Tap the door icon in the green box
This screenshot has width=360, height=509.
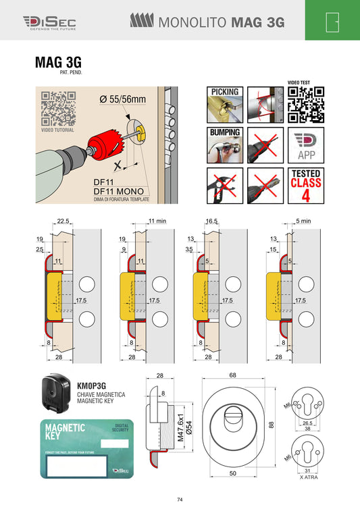(332, 22)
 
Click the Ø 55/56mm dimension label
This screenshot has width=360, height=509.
(122, 99)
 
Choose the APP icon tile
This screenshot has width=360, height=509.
(305, 146)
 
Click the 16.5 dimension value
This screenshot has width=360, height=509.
(211, 221)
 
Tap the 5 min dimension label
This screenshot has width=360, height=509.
(303, 221)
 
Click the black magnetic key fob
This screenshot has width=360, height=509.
(57, 393)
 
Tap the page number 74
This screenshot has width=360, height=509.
(180, 500)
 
